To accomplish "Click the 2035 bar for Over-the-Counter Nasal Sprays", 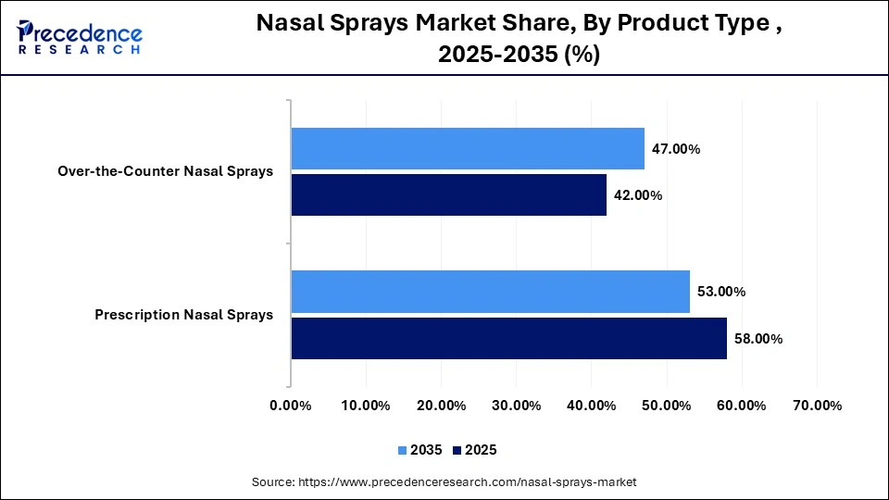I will [x=468, y=148].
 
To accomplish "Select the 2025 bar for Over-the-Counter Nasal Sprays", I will [x=448, y=194].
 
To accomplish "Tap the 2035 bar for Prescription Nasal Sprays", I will [x=490, y=292].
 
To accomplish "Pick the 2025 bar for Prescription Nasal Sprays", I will [x=508, y=338].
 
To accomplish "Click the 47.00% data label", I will [x=676, y=149].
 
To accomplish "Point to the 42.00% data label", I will [x=638, y=195].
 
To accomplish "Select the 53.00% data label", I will [x=721, y=292].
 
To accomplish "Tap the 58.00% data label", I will [x=758, y=339].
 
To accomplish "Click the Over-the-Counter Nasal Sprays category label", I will [x=165, y=171].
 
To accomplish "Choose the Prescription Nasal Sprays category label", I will [x=183, y=315].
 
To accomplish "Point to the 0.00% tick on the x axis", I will [x=291, y=406].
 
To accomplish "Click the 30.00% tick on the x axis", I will [x=516, y=406].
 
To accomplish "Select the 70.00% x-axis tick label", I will [x=817, y=406].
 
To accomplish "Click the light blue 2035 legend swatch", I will [x=403, y=450].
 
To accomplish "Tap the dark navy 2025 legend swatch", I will [x=457, y=450].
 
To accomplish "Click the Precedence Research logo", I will [x=80, y=37].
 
